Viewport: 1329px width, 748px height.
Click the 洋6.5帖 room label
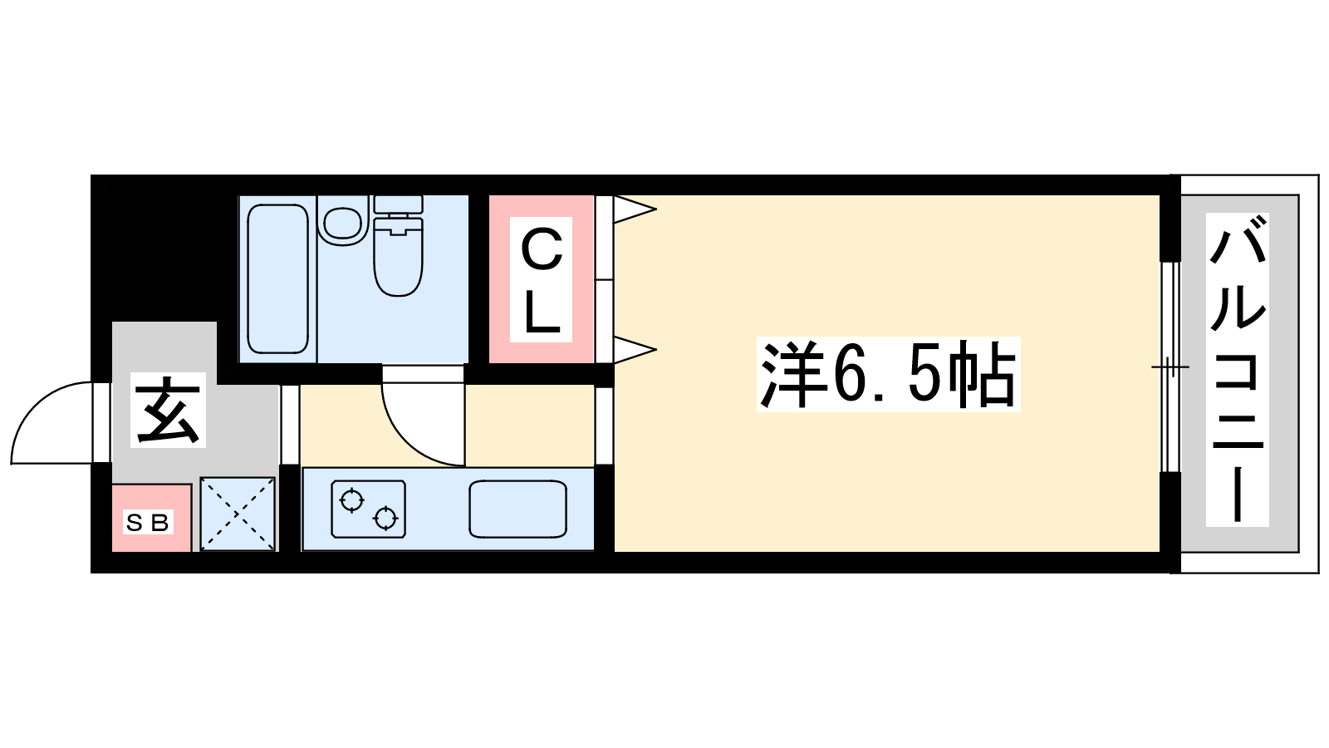888,374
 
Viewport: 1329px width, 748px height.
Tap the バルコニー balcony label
1237,369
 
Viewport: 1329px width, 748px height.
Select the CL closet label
541,279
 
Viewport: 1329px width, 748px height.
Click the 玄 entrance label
168,410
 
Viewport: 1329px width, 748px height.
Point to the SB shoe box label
148,523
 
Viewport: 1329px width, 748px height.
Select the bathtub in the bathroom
277,279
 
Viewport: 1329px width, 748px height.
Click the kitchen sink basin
517,509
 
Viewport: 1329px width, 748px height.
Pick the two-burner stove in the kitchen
369,509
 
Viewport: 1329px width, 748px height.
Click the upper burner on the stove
352,499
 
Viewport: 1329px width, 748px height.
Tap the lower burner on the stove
385,519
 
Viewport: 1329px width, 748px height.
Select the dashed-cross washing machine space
238,514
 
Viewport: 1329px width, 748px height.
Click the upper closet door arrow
635,209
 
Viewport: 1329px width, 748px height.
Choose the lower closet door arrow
635,349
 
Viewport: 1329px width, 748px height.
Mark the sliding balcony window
1170,367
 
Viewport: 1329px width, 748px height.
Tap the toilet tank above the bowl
398,204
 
